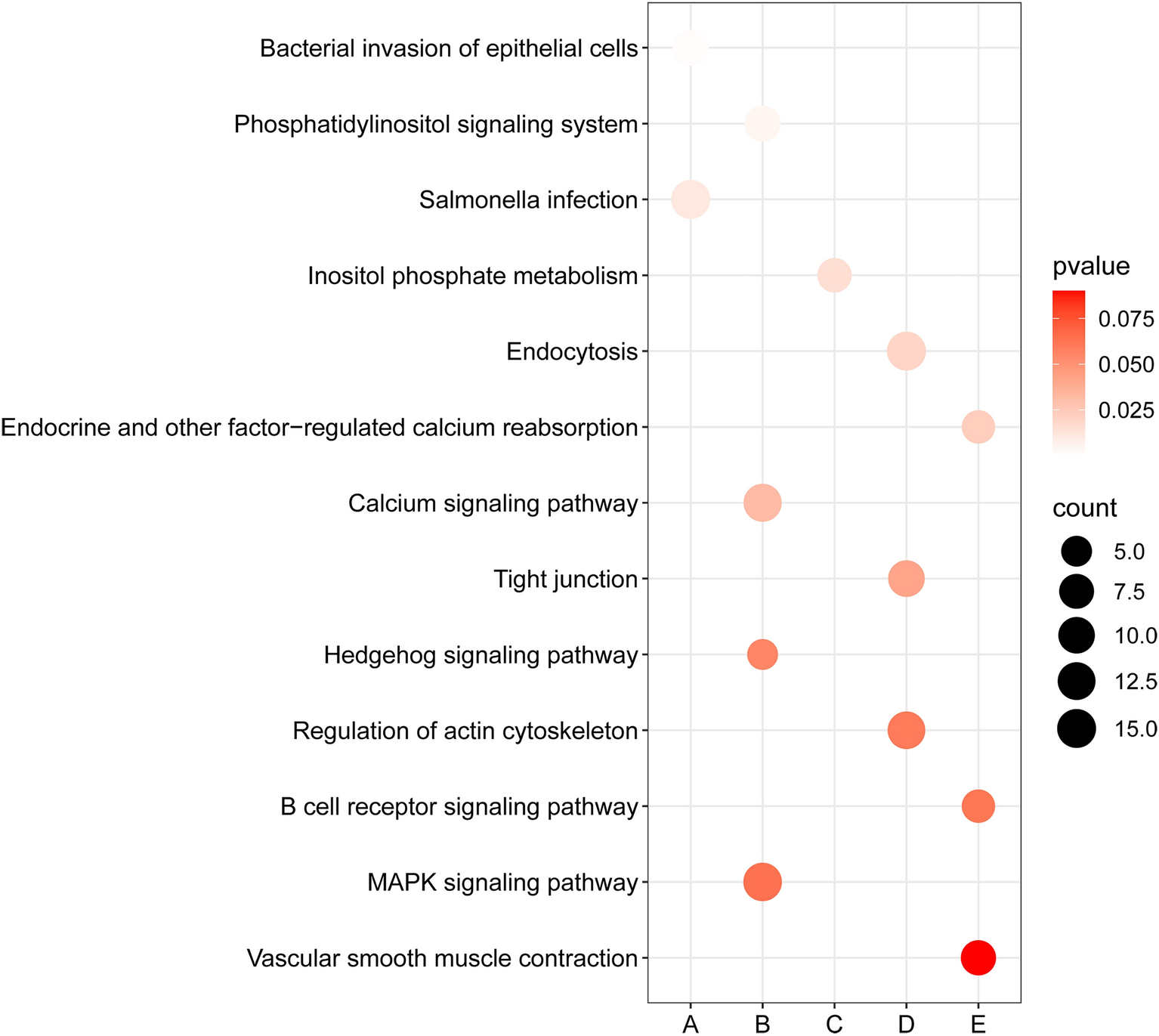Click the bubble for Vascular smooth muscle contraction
(x=978, y=958)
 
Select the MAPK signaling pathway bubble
(x=762, y=882)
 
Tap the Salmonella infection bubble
(x=691, y=200)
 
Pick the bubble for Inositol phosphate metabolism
(x=834, y=276)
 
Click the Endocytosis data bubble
(x=906, y=351)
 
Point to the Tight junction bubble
(x=906, y=580)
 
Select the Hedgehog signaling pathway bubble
(x=762, y=654)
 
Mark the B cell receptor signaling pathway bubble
(x=978, y=806)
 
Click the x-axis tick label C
(x=834, y=1024)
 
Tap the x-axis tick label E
(x=978, y=1024)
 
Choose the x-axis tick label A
(x=690, y=1024)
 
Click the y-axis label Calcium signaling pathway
(x=493, y=503)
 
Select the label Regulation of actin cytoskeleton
(x=465, y=731)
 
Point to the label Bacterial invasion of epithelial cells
(x=449, y=48)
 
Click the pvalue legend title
(x=1090, y=266)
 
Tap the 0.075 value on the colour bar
(x=1126, y=319)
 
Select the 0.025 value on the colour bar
(x=1126, y=410)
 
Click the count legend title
(x=1084, y=508)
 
